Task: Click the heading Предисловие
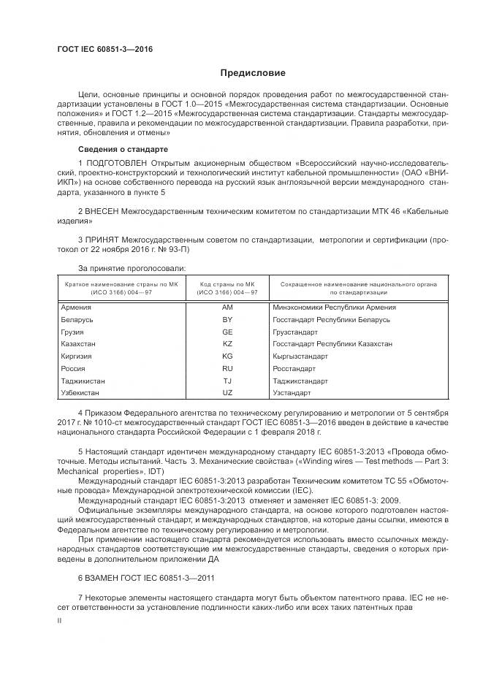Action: (x=253, y=73)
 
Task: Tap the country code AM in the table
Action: (x=227, y=308)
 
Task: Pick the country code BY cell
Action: (x=227, y=319)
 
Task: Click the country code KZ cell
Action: (x=227, y=343)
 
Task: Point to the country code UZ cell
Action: (x=227, y=393)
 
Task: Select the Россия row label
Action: (x=73, y=368)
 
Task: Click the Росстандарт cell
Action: (x=294, y=368)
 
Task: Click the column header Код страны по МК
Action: (x=227, y=283)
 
